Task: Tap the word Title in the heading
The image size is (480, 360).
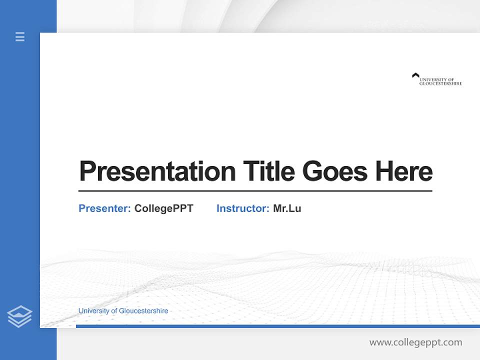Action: tap(268, 171)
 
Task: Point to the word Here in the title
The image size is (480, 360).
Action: tap(404, 171)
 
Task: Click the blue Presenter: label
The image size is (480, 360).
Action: tap(104, 208)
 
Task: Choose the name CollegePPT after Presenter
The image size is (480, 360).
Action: tap(163, 208)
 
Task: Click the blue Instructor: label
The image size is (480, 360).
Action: tap(242, 208)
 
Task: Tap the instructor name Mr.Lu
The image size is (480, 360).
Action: tap(287, 208)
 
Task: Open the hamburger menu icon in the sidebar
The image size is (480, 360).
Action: tap(20, 36)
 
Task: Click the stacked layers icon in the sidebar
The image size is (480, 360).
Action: tap(19, 316)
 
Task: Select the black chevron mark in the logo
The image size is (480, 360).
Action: tap(415, 75)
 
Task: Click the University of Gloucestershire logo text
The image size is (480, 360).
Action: tap(440, 81)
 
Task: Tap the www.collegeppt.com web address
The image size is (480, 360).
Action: tap(415, 342)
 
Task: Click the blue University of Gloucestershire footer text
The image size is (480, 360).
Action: tap(123, 311)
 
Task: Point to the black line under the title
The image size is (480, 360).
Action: tap(255, 191)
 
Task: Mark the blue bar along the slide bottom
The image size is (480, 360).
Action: tap(277, 326)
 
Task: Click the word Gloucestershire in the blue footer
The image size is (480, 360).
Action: tap(143, 311)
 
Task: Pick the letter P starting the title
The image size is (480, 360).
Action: tap(87, 171)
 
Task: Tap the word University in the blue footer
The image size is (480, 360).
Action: tap(93, 311)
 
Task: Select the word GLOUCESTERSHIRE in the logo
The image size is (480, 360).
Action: tap(440, 83)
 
